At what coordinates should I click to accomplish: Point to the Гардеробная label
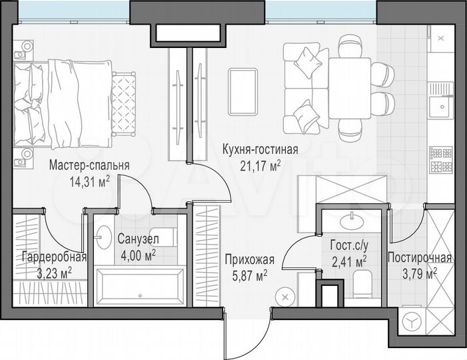(x=54, y=258)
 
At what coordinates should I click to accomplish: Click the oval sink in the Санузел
(x=104, y=236)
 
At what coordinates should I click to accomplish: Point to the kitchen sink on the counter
(x=439, y=107)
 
